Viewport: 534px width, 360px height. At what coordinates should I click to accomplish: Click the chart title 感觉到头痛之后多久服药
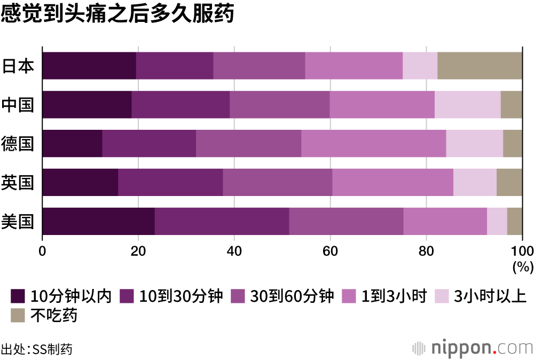pyautogui.click(x=117, y=14)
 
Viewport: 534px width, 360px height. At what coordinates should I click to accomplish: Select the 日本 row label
pyautogui.click(x=18, y=66)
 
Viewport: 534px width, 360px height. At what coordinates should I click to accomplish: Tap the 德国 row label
pyautogui.click(x=18, y=144)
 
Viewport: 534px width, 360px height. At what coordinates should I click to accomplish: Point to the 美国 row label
pyautogui.click(x=18, y=221)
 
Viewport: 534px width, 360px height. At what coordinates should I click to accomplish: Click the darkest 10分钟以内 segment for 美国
pyautogui.click(x=98, y=221)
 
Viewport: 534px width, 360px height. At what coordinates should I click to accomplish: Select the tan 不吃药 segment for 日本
pyautogui.click(x=480, y=66)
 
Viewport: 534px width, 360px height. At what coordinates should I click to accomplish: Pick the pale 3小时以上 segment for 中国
pyautogui.click(x=467, y=105)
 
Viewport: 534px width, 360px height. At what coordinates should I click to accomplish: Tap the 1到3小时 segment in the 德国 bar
pyautogui.click(x=373, y=144)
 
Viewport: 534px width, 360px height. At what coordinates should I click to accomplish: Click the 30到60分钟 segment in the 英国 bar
pyautogui.click(x=277, y=182)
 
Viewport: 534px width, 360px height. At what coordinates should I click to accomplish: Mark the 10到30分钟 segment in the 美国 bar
pyautogui.click(x=222, y=221)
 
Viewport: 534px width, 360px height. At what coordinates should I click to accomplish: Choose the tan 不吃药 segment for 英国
pyautogui.click(x=509, y=182)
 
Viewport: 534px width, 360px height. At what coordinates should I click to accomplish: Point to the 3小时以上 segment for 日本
pyautogui.click(x=420, y=66)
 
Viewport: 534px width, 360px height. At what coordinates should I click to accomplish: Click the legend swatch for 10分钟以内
pyautogui.click(x=18, y=295)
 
